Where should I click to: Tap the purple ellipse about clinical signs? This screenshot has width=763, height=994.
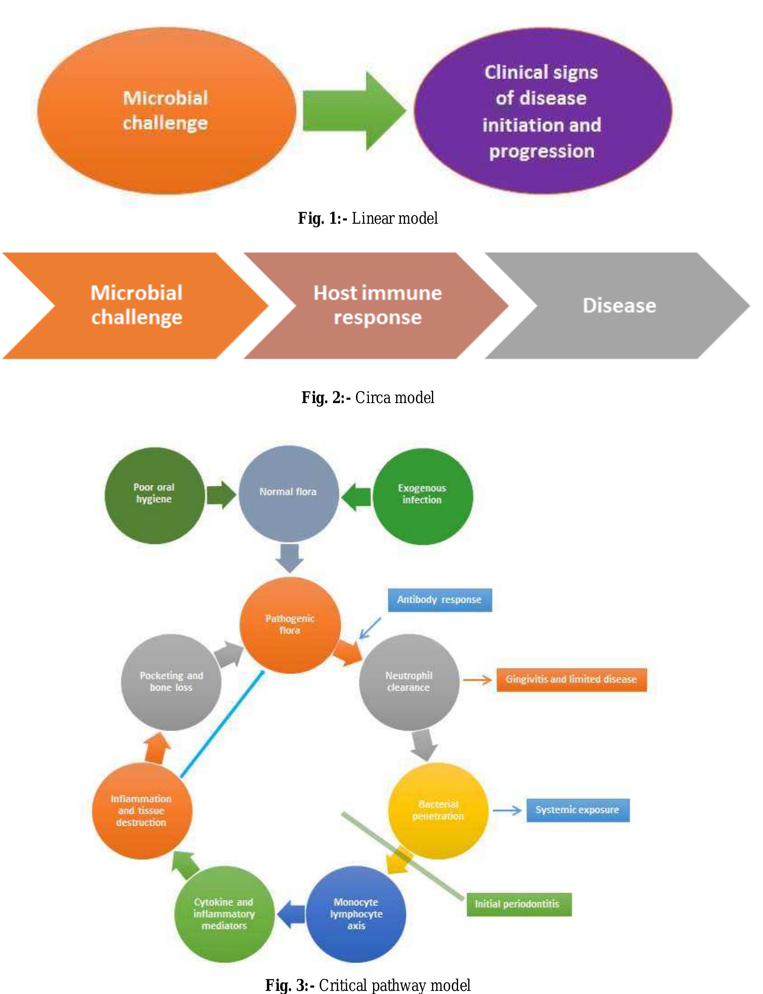click(543, 111)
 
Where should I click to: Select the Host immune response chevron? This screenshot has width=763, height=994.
click(377, 306)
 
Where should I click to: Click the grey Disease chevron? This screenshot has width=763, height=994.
click(618, 306)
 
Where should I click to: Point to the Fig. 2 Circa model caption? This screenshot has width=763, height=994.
click(368, 398)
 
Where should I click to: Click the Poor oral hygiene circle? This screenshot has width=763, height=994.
click(154, 495)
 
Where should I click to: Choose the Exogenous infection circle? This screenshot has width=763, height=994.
click(422, 496)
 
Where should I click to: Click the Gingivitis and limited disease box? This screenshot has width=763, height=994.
click(571, 680)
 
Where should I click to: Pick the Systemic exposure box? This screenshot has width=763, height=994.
click(578, 810)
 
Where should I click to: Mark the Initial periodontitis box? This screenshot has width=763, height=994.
click(519, 904)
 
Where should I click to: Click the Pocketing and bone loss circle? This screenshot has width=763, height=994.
click(171, 682)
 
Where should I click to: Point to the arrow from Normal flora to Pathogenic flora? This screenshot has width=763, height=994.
click(289, 558)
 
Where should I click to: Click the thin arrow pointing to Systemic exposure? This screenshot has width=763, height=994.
click(507, 810)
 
